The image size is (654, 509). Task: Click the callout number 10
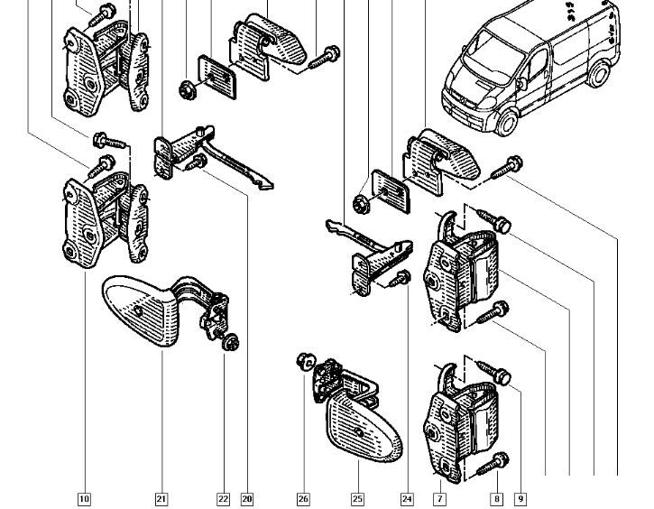click(84, 497)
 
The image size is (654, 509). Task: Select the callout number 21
click(161, 497)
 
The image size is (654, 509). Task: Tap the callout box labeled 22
click(223, 497)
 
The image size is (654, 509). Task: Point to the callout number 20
click(246, 497)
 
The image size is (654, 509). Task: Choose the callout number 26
click(303, 497)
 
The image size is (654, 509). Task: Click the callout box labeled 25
click(357, 497)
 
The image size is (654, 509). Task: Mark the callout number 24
click(407, 497)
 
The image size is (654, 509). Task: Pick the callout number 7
click(440, 497)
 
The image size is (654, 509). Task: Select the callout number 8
click(496, 497)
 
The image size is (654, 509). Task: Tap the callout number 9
click(520, 497)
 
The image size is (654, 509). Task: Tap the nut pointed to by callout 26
click(305, 363)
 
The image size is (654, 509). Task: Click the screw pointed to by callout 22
click(230, 342)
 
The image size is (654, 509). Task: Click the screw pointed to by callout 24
click(402, 280)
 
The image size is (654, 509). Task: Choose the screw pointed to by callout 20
click(200, 162)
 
